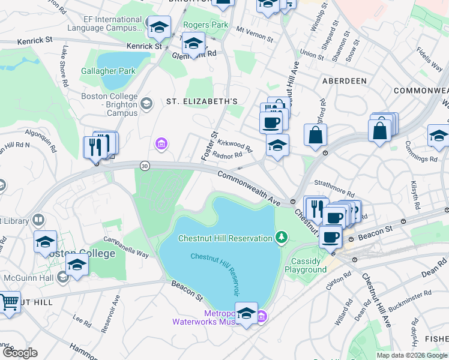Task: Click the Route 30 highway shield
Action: (144, 165)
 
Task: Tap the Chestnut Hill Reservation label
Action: (225, 238)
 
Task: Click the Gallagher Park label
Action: (109, 71)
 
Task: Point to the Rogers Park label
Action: (206, 25)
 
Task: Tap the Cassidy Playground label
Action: (309, 265)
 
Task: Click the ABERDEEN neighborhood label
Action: (344, 80)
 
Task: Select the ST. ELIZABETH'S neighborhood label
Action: (202, 102)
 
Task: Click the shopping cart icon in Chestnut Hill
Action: (8, 303)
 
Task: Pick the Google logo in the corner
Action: (19, 353)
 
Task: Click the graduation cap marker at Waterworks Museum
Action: (246, 314)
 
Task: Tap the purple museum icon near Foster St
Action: (161, 143)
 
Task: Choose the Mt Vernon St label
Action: (255, 33)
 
